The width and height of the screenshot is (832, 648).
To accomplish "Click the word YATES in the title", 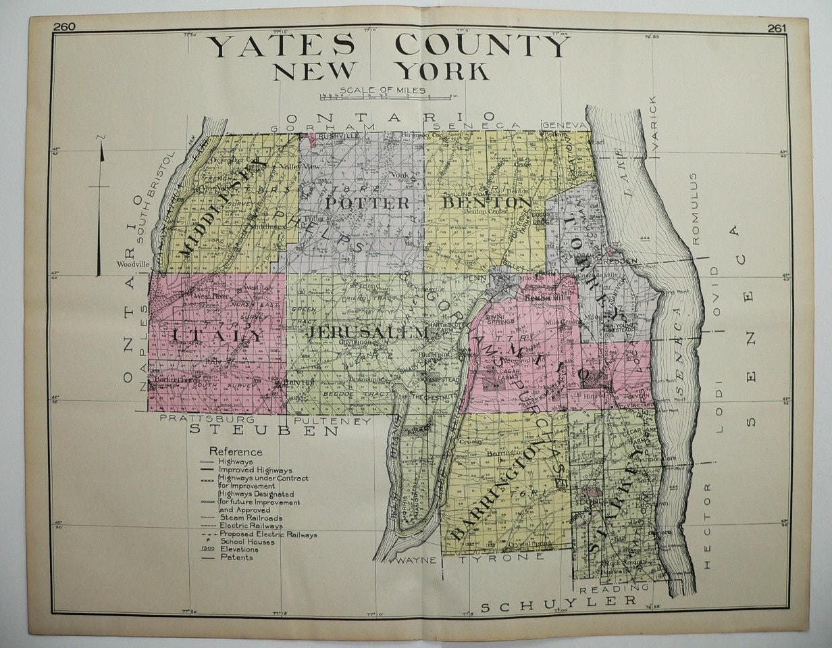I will tap(280, 46).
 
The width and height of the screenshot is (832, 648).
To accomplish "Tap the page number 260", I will tap(65, 27).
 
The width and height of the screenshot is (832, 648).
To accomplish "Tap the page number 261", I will tap(777, 28).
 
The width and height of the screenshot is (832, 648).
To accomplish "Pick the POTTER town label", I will tap(367, 203).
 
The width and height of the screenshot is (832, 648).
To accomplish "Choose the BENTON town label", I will tap(486, 203).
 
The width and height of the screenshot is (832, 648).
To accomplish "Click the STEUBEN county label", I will tap(263, 430).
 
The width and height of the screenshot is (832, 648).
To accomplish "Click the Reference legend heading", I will tap(236, 451).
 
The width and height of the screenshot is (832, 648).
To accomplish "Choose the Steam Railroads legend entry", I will tap(251, 518).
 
